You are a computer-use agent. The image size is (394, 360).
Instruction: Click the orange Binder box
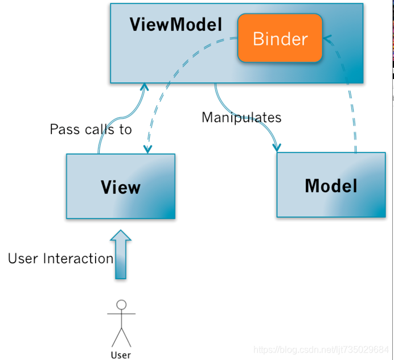pos(280,39)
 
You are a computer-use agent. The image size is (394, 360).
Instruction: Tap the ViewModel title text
pos(175,25)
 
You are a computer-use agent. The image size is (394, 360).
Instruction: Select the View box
pos(121,187)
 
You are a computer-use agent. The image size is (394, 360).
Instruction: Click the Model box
pos(331,185)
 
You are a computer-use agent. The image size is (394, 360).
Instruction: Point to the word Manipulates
pos(241,118)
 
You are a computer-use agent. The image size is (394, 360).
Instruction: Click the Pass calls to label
pos(91,130)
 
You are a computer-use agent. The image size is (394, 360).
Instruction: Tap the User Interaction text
pos(60,259)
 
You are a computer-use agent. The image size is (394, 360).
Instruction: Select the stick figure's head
pos(121,304)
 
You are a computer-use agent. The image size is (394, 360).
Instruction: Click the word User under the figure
pos(121,355)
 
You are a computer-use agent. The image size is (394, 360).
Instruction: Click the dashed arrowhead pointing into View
pos(148,149)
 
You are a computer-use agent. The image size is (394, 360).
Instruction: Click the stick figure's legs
pos(121,336)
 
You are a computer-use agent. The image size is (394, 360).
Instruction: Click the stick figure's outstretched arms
pos(121,313)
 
